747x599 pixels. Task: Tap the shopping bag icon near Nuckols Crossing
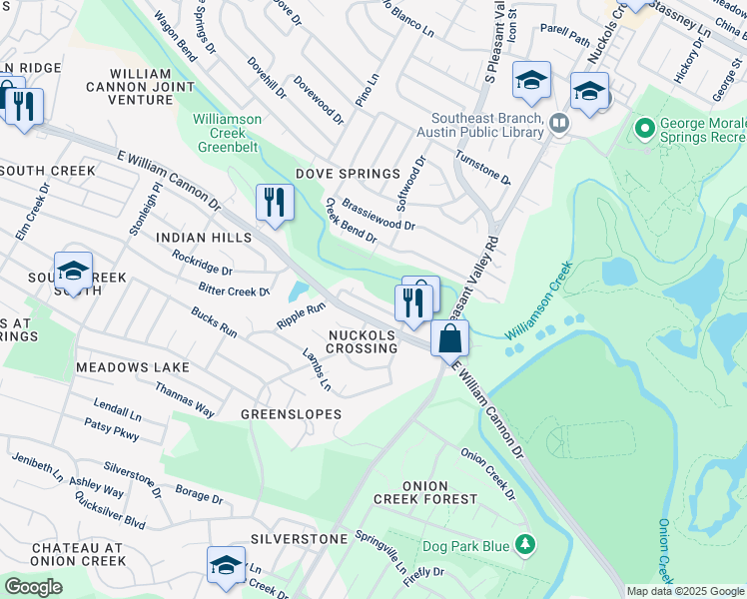point(450,338)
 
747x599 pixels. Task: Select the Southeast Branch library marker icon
point(558,123)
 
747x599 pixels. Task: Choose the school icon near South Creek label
point(73,271)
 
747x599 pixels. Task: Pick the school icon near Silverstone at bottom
point(226,565)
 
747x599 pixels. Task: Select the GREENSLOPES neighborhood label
point(291,413)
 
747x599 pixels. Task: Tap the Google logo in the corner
point(33,587)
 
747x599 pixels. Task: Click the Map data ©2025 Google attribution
point(686,591)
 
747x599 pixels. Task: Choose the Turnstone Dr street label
point(482,168)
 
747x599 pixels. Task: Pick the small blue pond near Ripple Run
point(298,293)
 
